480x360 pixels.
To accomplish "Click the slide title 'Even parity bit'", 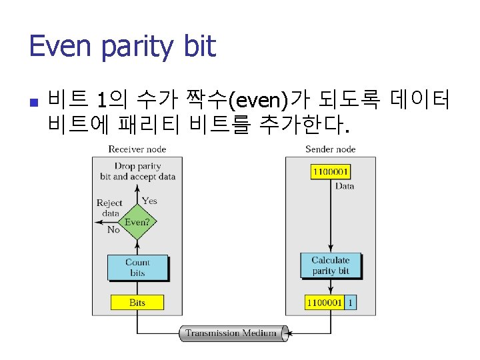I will point(123,47).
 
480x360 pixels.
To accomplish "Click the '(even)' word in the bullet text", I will point(257,102).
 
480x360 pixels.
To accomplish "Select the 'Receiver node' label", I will point(137,149).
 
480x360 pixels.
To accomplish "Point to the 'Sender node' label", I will point(331,149).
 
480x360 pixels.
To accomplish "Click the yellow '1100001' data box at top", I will point(330,171).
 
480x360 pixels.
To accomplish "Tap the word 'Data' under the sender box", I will point(345,186).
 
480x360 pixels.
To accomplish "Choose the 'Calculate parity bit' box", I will point(331,265).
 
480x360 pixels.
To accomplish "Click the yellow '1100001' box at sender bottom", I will point(325,303).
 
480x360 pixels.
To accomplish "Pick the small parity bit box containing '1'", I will point(351,303).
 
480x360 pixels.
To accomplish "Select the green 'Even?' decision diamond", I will point(137,223).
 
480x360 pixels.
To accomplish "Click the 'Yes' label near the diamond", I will point(149,200).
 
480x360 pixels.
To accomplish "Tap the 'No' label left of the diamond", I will point(113,229).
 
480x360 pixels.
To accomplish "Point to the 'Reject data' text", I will point(109,208).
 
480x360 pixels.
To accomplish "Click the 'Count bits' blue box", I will point(137,267).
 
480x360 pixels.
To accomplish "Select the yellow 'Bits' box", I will point(137,303).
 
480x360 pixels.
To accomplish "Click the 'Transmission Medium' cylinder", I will point(233,333).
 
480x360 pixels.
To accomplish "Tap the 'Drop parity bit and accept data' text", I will point(137,171).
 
